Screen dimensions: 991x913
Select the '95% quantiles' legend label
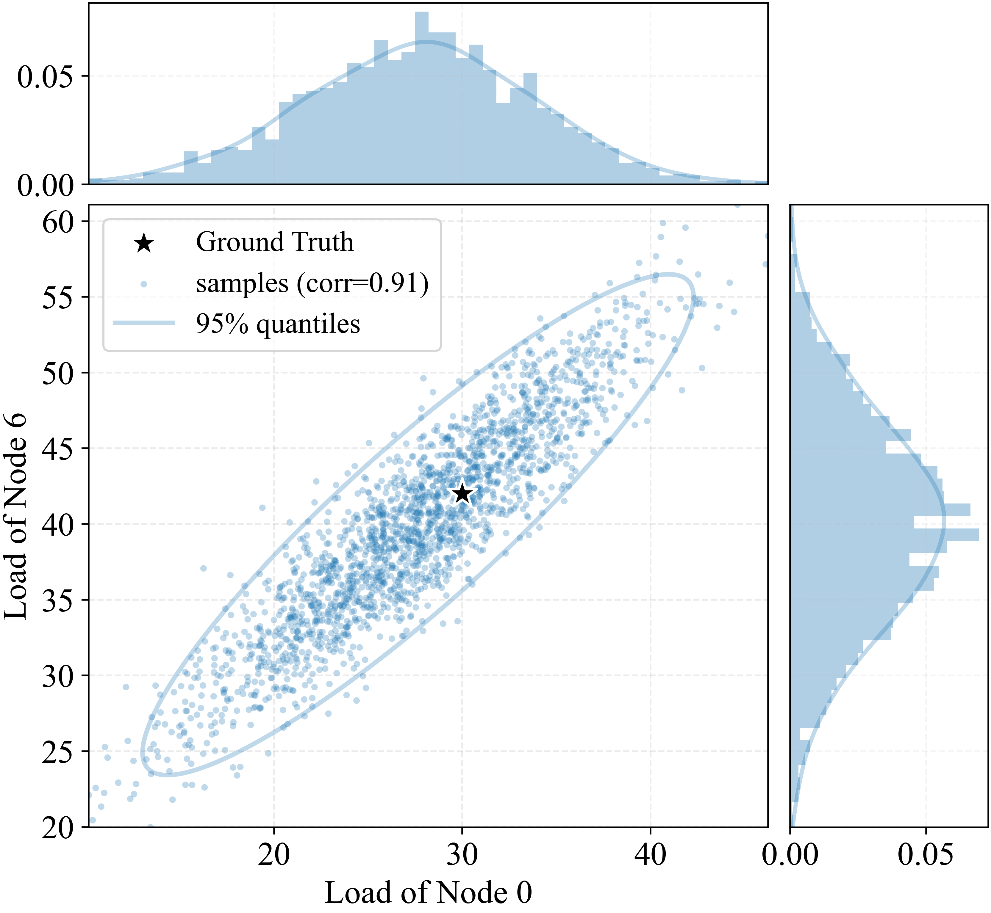pos(278,324)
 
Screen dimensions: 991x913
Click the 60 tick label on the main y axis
pos(58,222)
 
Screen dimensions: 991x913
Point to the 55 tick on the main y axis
pos(58,297)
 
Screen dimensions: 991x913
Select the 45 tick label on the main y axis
pos(58,448)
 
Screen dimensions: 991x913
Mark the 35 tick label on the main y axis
pos(58,600)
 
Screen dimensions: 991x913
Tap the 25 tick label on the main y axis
pos(58,752)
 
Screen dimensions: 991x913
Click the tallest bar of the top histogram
pos(421,98)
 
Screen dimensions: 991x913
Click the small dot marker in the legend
pos(144,284)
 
